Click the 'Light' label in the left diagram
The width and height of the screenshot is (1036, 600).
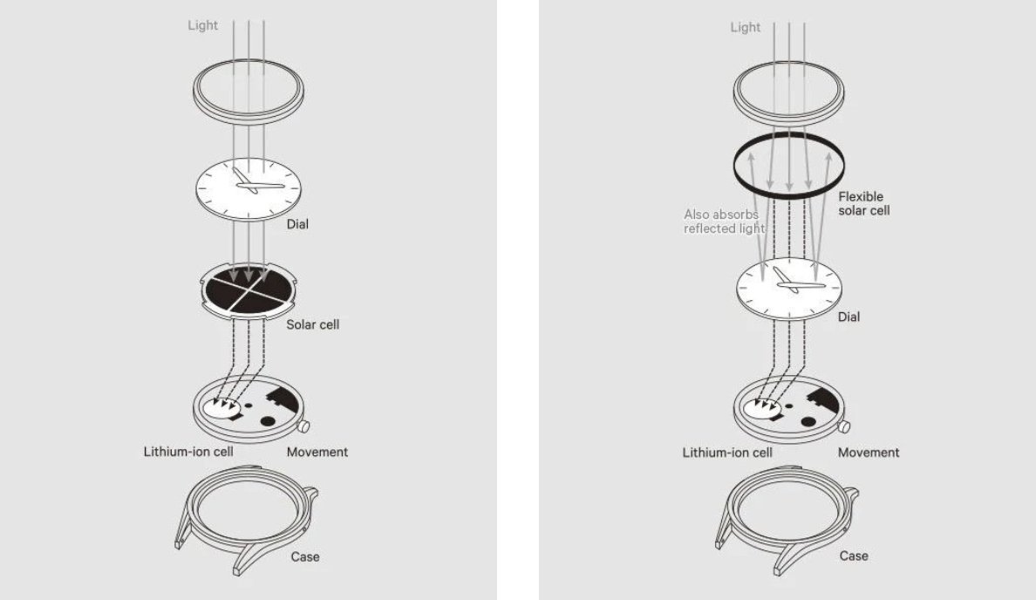click(x=203, y=27)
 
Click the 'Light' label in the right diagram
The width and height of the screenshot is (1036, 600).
click(x=745, y=27)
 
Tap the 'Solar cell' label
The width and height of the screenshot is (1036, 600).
click(x=313, y=324)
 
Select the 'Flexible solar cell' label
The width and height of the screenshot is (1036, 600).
click(x=863, y=203)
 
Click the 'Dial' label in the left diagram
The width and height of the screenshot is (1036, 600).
click(x=297, y=224)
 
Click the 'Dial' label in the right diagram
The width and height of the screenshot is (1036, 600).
click(x=849, y=317)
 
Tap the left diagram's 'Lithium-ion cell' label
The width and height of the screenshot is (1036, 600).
click(x=188, y=453)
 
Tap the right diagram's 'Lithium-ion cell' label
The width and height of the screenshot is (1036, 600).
click(x=727, y=453)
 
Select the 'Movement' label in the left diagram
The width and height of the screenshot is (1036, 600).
click(x=317, y=453)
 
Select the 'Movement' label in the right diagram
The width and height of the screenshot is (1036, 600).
click(x=869, y=453)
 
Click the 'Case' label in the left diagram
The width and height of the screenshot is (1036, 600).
click(x=304, y=556)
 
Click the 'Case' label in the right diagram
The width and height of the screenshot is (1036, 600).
click(x=854, y=556)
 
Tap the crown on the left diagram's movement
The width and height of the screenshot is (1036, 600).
click(x=305, y=428)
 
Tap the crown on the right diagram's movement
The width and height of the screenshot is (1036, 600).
click(x=844, y=428)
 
